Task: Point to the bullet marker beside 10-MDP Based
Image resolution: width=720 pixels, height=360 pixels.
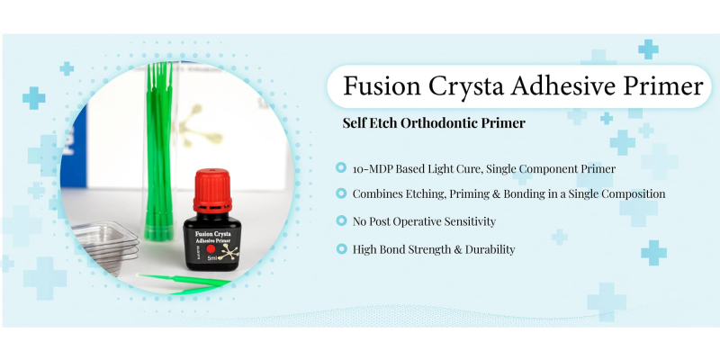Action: click(341, 168)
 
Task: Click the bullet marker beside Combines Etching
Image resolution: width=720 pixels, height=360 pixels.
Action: click(341, 193)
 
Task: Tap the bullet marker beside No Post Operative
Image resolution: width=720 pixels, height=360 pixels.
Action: click(341, 220)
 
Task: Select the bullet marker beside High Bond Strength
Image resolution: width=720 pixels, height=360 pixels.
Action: click(341, 249)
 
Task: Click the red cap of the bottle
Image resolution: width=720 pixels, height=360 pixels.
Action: click(212, 191)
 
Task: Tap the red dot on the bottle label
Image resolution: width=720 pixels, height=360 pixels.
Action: click(211, 249)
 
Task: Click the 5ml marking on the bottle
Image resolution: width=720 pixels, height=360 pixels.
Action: click(212, 259)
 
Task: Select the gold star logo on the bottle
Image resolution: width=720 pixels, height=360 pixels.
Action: click(229, 252)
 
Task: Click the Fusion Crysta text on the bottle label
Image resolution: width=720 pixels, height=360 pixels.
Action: click(212, 234)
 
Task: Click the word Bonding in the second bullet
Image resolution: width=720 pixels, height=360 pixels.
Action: click(523, 194)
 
